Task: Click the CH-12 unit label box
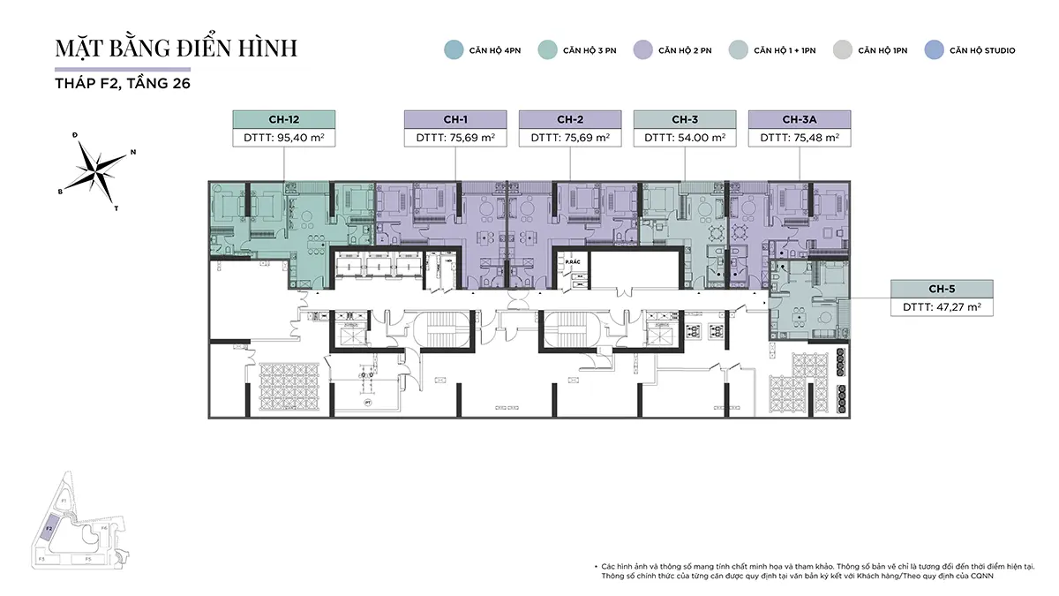point(283,120)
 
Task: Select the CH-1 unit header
point(455,120)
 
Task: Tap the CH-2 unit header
point(570,120)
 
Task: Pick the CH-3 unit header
point(685,120)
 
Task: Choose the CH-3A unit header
point(799,120)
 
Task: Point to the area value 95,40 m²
point(283,138)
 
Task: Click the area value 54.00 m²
point(685,138)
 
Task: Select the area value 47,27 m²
point(942,307)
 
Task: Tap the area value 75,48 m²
point(799,138)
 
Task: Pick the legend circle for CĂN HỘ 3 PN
point(548,50)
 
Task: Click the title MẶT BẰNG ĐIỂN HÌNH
point(176,49)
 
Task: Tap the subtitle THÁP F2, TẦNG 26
point(123,84)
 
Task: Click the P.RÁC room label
point(571,263)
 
